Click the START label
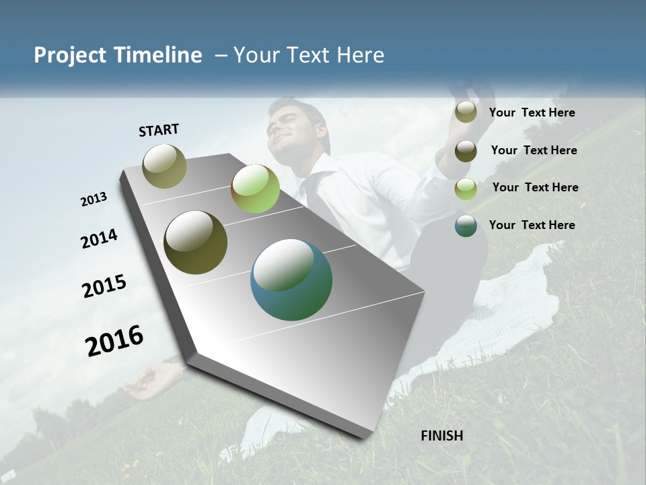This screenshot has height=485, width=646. tap(159, 129)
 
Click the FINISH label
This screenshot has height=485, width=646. tap(441, 436)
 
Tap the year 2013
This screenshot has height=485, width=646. tap(94, 199)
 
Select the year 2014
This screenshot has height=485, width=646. tap(99, 238)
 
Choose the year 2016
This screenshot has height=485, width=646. tap(114, 340)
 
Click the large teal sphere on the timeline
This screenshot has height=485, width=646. tap(291, 280)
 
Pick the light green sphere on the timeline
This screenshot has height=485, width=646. tap(255, 189)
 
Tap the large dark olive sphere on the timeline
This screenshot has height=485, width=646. tap(195, 243)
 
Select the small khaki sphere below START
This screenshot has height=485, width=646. tap(165, 166)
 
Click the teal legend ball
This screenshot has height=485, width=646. tap(466, 226)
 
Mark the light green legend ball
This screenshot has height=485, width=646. tap(466, 189)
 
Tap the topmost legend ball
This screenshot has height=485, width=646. tap(466, 112)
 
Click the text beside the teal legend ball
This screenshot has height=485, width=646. tap(532, 225)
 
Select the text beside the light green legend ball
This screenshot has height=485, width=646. tap(535, 187)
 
